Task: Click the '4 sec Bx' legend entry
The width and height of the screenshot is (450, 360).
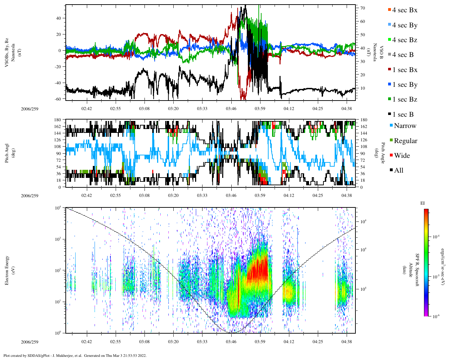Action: coord(404,10)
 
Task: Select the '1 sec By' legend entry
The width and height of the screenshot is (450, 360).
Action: coord(404,85)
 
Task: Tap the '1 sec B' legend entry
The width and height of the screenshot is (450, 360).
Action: coord(403,115)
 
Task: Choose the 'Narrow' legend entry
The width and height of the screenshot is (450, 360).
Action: coord(405,126)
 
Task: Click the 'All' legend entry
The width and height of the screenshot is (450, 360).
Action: coord(398,171)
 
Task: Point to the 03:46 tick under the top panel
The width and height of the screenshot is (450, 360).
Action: coord(231,109)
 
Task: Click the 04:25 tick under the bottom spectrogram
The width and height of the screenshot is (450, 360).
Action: coord(317,341)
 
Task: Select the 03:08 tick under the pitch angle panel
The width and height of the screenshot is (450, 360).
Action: coord(144,195)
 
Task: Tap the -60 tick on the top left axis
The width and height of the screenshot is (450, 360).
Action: coord(57,99)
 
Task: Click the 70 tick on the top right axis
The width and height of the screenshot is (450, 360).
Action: coord(362,8)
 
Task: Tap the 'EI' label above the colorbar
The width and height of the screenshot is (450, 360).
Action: coord(423,203)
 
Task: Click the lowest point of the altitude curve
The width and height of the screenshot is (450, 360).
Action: coord(230,332)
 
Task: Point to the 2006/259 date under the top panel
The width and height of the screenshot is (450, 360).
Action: coord(30,109)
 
